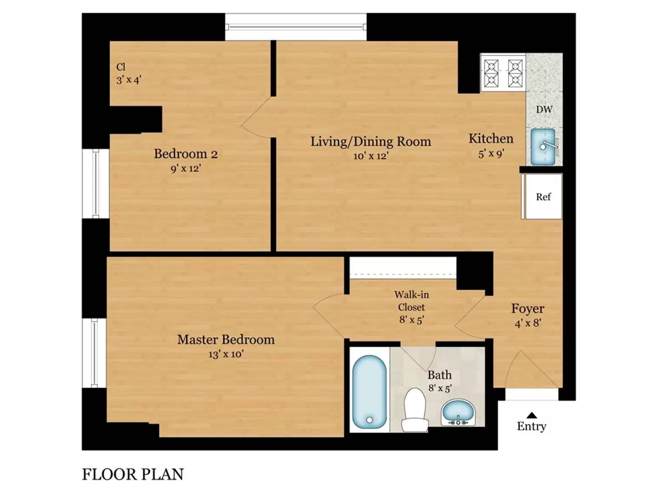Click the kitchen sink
(543, 147)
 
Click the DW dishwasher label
(544, 110)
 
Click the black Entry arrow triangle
(531, 415)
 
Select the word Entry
(531, 426)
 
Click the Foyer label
(528, 308)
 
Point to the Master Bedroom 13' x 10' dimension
(226, 354)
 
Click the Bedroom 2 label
(185, 154)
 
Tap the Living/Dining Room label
(370, 142)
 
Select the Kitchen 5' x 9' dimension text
(491, 154)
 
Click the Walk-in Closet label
(411, 301)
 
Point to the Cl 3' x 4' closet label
(128, 73)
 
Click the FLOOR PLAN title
(133, 475)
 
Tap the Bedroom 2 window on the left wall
(96, 184)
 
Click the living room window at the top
(296, 27)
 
